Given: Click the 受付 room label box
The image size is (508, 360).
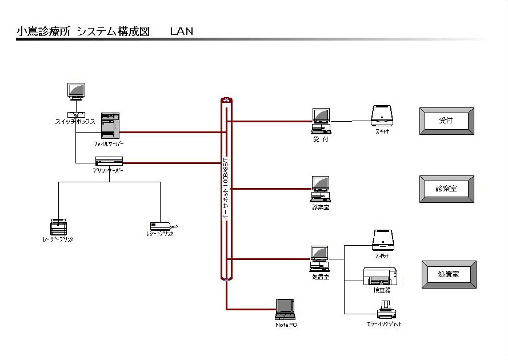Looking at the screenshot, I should (447, 121).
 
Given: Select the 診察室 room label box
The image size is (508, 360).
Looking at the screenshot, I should (446, 189).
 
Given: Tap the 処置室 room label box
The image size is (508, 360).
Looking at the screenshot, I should (449, 274).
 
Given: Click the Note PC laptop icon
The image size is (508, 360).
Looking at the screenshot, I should (285, 309).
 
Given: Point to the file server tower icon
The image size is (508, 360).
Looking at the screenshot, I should (110, 126).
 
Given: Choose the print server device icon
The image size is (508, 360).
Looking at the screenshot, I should (109, 161).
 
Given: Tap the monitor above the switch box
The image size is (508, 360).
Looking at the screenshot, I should (76, 91).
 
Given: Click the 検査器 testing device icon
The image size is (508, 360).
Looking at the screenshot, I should (380, 277).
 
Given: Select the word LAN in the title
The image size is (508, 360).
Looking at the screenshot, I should (182, 31).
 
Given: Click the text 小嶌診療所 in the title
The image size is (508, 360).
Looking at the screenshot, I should (43, 31).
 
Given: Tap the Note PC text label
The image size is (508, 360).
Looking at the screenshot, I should (286, 325).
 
